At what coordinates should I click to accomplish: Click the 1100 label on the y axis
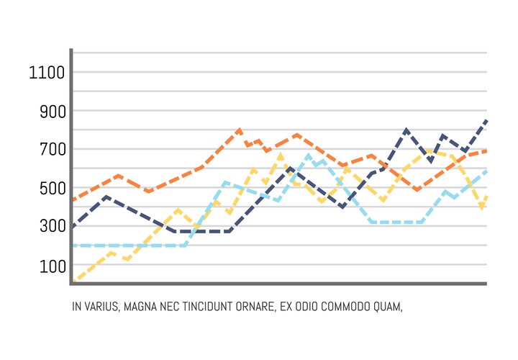click(47, 73)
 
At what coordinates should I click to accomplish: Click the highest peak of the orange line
click(239, 130)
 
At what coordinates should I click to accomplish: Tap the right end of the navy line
click(487, 120)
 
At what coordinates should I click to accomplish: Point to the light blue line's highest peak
click(309, 155)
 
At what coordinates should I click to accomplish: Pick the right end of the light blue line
click(487, 171)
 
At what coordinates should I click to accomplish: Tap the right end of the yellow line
click(487, 197)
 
